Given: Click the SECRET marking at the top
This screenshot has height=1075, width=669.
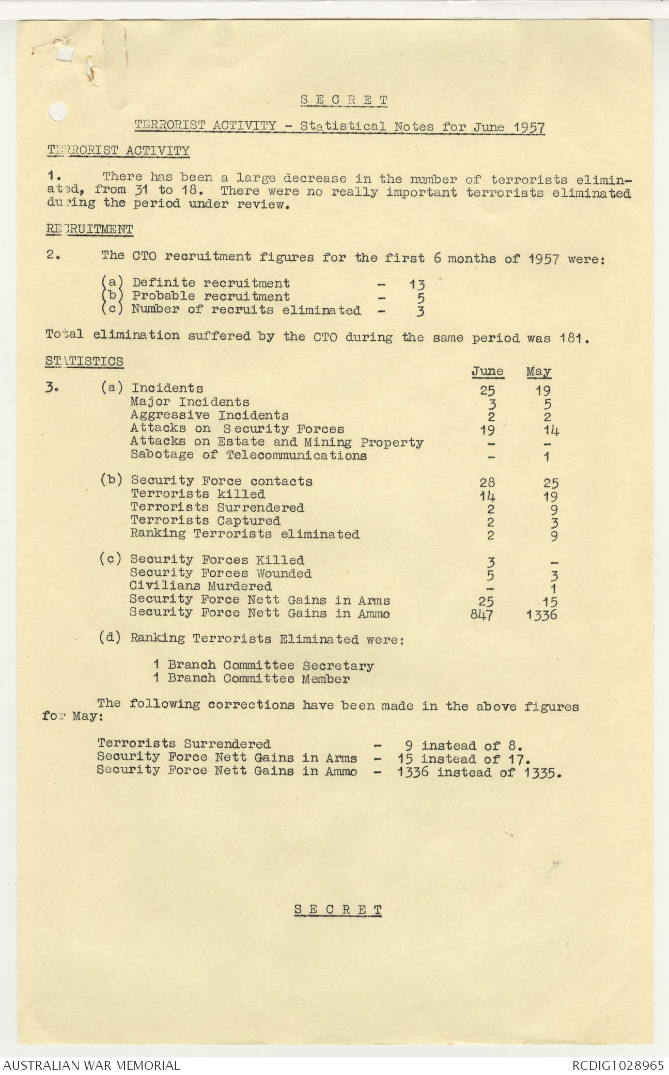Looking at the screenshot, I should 344,100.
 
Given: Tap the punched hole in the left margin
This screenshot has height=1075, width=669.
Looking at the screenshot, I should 57,112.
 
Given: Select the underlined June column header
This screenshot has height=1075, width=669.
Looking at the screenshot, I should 487,371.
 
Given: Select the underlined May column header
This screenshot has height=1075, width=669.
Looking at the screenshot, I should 538,371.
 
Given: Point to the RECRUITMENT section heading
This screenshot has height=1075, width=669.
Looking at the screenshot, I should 89,229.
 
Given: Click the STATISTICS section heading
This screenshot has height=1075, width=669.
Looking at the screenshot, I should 84,361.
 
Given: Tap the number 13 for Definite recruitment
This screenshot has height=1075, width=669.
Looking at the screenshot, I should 417,284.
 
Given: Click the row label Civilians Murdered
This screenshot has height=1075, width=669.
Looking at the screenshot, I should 200,587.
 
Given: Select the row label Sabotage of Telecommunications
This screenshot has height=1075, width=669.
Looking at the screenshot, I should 248,455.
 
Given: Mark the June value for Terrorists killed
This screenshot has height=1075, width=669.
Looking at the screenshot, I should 487,496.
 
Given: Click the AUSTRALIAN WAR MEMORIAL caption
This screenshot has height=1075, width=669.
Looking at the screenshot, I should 91,1065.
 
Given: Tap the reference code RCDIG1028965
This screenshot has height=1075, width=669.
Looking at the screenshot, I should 617,1065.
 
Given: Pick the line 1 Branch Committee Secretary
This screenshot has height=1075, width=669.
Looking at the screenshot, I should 263,666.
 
